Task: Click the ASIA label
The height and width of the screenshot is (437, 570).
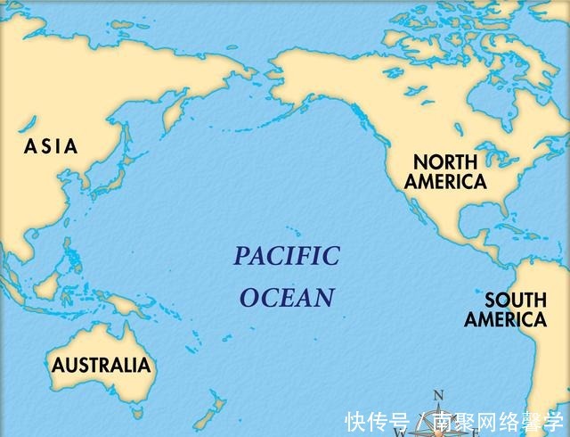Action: coord(51,146)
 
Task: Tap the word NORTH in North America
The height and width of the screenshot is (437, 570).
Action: coord(445,162)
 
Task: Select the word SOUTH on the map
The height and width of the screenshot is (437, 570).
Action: coord(516,301)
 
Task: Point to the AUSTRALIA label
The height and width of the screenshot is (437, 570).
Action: coord(101,365)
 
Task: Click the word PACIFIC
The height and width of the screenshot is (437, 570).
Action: coord(287,257)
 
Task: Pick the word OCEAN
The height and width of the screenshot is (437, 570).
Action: coord(287,298)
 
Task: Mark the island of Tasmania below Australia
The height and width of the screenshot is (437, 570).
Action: coord(136,411)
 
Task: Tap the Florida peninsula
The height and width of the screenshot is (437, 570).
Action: coord(503,211)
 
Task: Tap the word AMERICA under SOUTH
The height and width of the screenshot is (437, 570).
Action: coord(505,319)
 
